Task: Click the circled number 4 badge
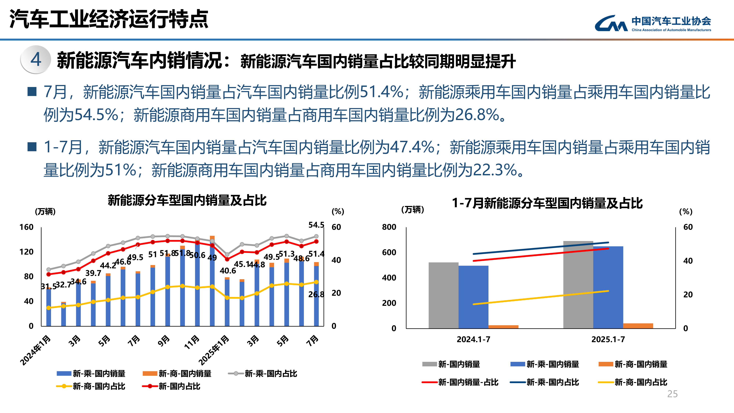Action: click(36, 60)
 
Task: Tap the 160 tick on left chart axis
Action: click(26, 227)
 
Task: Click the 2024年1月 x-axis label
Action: click(35, 351)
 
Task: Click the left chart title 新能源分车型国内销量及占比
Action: click(187, 200)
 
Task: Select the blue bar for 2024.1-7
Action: click(473, 296)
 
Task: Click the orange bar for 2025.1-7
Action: click(638, 326)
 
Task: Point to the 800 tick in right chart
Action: click(389, 227)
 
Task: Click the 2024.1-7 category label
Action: click(473, 339)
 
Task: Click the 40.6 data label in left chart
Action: click(228, 271)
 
